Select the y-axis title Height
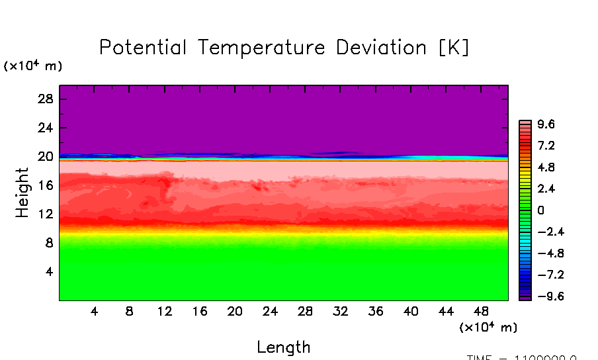click(x=22, y=193)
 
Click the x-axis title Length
click(x=283, y=347)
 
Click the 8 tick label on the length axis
click(x=130, y=311)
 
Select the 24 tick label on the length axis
click(x=270, y=311)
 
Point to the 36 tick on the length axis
click(x=376, y=311)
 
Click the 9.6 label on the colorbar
click(x=546, y=124)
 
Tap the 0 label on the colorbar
click(x=540, y=210)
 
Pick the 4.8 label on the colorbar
click(x=546, y=167)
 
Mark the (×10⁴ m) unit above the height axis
click(x=33, y=66)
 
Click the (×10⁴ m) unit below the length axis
click(x=488, y=327)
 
